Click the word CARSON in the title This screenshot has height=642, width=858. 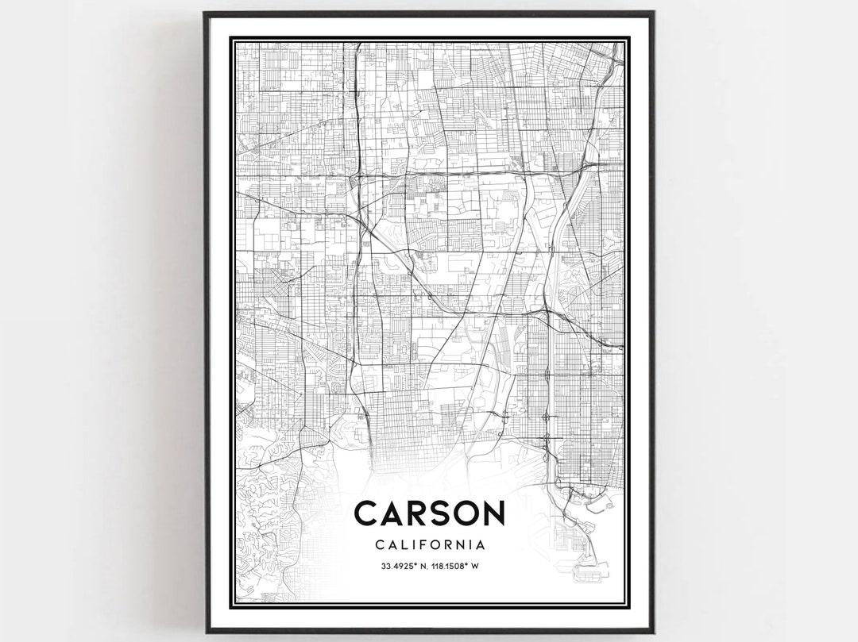tap(429, 513)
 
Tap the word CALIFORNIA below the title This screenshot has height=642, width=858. tap(429, 545)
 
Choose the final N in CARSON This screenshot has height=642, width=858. tap(492, 513)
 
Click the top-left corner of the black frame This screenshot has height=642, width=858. tap(205, 13)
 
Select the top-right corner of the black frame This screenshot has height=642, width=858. tap(653, 13)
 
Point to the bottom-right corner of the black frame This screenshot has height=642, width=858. tap(654, 632)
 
